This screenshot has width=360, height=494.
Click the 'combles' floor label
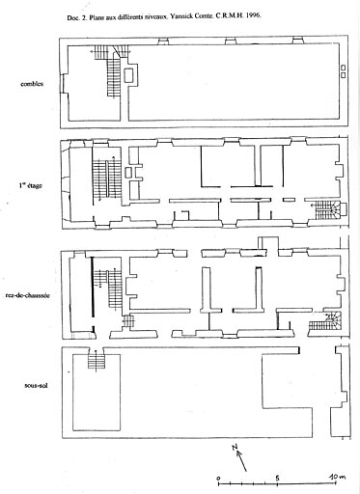pyautogui.click(x=32, y=84)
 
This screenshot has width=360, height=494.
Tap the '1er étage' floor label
pyautogui.click(x=30, y=185)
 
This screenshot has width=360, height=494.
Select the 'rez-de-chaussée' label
pyautogui.click(x=28, y=295)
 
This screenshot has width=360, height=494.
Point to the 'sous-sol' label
pyautogui.click(x=36, y=385)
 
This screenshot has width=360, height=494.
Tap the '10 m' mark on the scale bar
pyautogui.click(x=337, y=477)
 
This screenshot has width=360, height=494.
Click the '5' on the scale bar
pyautogui.click(x=277, y=477)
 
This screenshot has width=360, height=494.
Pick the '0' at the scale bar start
pyautogui.click(x=218, y=478)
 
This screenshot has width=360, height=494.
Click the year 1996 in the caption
pyautogui.click(x=254, y=15)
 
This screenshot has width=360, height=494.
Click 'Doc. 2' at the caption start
pyautogui.click(x=77, y=17)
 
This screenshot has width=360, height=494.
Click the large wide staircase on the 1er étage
pyautogui.click(x=106, y=178)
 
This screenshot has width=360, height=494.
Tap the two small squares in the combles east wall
pyautogui.click(x=343, y=71)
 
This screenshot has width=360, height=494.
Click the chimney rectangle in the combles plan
pyautogui.click(x=129, y=75)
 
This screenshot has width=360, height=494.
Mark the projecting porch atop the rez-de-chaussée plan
pyautogui.click(x=267, y=243)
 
